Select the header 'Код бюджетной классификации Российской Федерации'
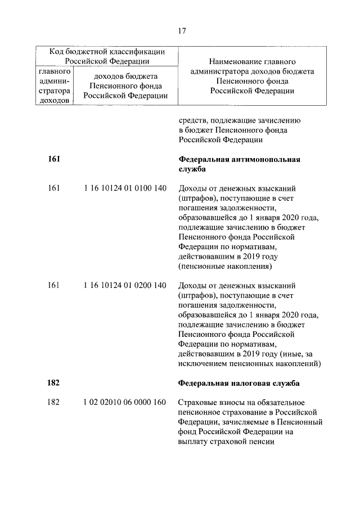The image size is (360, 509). [107, 56]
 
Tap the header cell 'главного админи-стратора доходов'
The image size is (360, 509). [55, 86]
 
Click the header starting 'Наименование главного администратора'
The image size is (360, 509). [252, 76]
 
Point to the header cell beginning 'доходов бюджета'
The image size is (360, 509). [125, 86]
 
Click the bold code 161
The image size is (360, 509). [54, 159]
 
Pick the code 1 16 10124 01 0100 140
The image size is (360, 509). [125, 188]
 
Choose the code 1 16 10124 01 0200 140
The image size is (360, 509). [125, 286]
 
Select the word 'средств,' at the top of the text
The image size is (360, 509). [194, 120]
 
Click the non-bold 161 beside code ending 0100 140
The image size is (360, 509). [54, 188]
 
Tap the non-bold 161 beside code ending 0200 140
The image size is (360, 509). [54, 286]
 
